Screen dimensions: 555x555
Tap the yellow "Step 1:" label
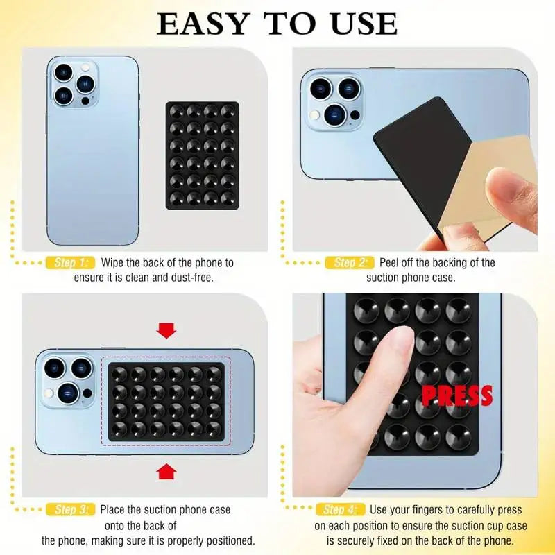click(x=69, y=263)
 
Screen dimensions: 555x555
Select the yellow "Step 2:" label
click(x=348, y=263)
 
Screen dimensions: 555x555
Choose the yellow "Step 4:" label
click(x=340, y=510)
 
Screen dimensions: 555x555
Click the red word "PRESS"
click(x=457, y=396)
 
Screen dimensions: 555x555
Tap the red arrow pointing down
click(x=166, y=330)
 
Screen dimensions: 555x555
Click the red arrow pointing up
click(x=166, y=472)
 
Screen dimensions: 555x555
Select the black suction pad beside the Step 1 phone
click(x=203, y=155)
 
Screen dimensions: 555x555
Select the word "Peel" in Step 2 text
click(x=391, y=263)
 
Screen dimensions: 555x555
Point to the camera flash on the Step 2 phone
click(x=316, y=114)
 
